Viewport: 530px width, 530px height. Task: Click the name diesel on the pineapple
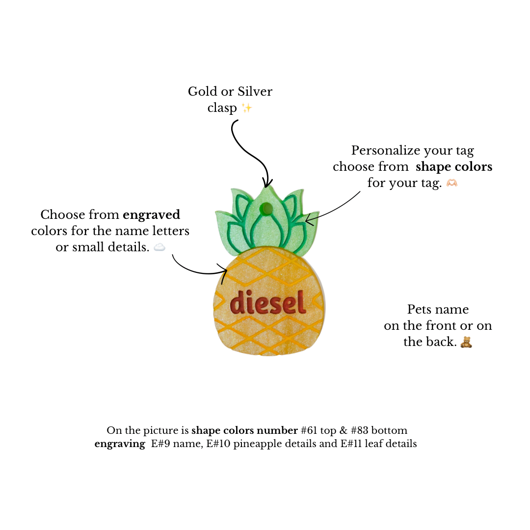click(268, 302)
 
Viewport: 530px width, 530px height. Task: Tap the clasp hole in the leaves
click(266, 208)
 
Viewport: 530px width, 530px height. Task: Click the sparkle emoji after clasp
click(247, 108)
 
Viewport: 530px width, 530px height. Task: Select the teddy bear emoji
click(466, 342)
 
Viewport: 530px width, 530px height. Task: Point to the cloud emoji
click(159, 247)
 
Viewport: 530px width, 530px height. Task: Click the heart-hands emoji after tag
click(452, 183)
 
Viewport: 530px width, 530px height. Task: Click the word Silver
click(255, 91)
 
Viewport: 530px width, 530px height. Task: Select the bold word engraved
click(152, 215)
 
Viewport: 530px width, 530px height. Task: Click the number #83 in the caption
click(359, 430)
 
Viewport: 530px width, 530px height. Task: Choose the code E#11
click(351, 444)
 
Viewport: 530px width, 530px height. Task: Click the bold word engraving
click(120, 444)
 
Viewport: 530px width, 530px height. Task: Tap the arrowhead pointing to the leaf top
click(267, 183)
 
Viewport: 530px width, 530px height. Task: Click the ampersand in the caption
click(344, 430)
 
